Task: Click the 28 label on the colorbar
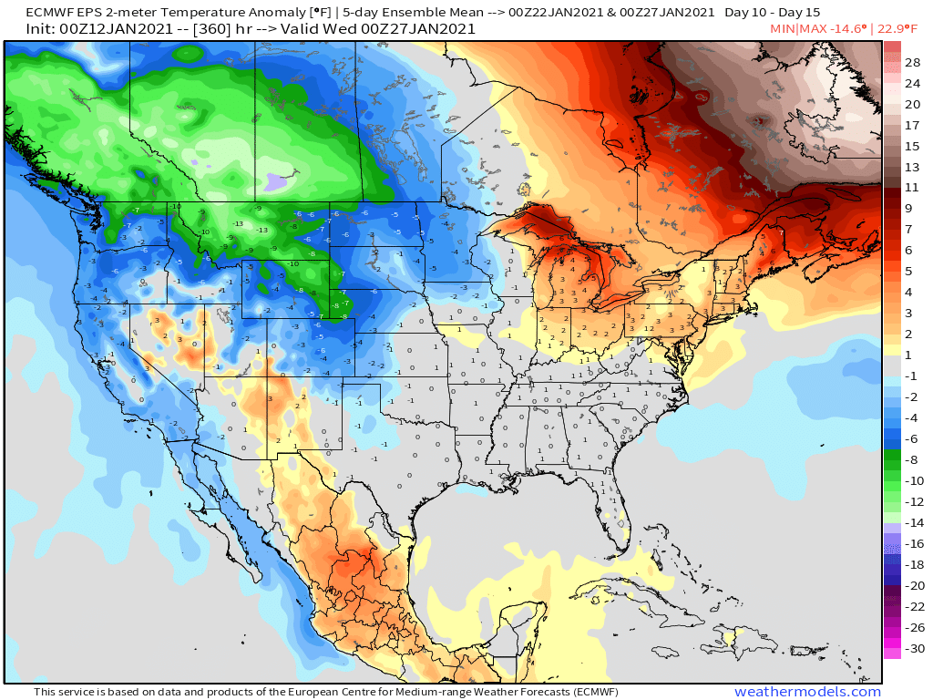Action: (x=913, y=62)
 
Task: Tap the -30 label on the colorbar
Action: (x=913, y=649)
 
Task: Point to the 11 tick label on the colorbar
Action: (x=913, y=187)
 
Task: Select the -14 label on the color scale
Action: (x=913, y=522)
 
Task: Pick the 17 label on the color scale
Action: (x=913, y=125)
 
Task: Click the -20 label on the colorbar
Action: (x=913, y=585)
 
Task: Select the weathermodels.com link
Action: (x=807, y=692)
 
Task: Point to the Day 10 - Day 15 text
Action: (x=773, y=13)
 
